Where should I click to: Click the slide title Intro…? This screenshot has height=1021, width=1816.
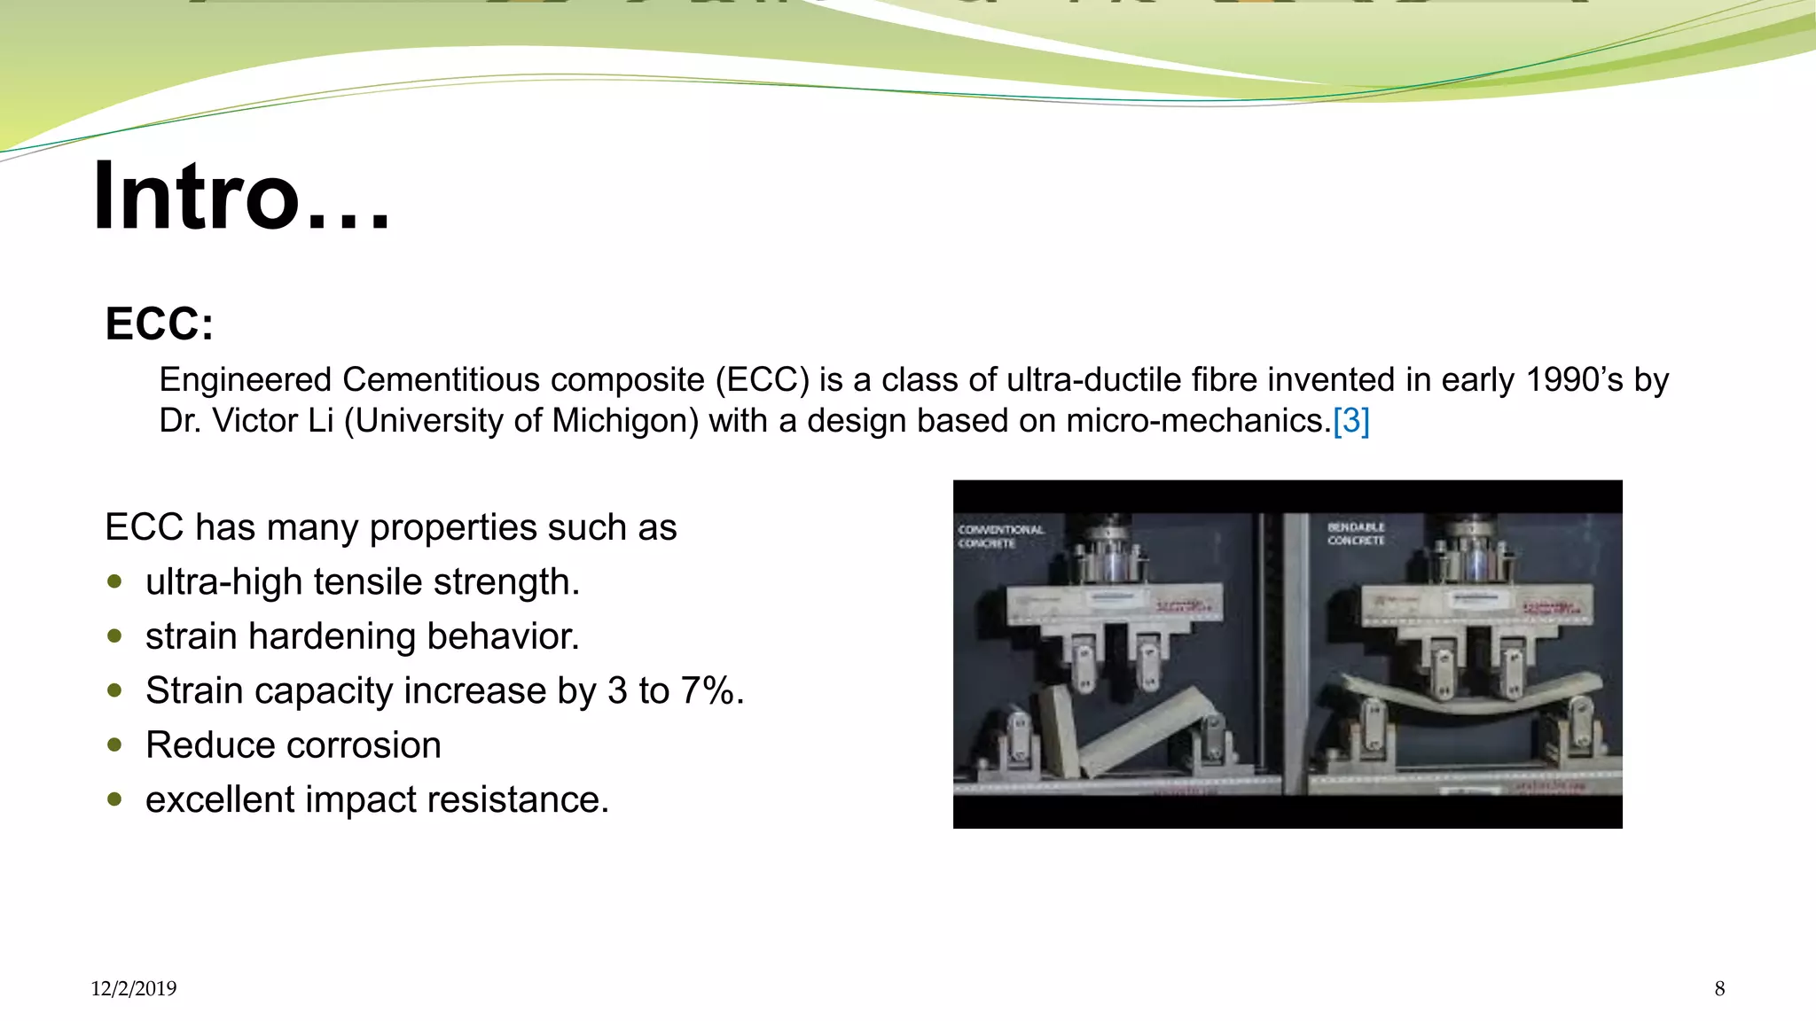tap(241, 197)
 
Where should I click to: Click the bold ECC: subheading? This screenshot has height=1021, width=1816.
tap(159, 323)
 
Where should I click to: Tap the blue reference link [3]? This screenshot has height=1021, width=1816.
tap(1350, 421)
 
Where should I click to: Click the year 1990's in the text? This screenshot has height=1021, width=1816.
tap(1574, 380)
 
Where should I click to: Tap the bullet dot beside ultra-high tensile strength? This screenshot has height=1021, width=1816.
tap(114, 582)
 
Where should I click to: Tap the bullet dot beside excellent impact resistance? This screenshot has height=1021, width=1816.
tap(114, 799)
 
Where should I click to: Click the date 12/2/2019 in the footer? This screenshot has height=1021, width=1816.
tap(133, 989)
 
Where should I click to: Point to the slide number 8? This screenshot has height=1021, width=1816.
tap(1719, 989)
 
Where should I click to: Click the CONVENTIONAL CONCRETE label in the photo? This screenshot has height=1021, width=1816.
tap(999, 536)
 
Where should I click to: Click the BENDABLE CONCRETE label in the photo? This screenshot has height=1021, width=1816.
tap(1355, 534)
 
